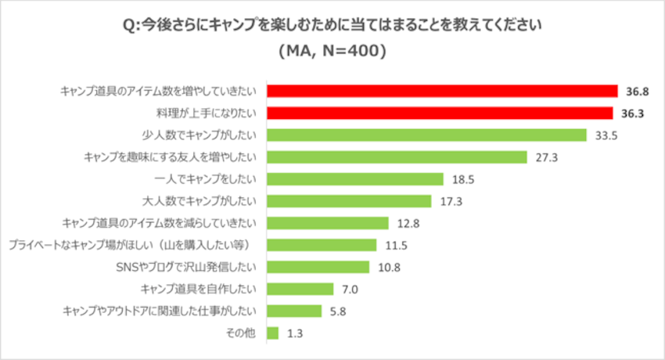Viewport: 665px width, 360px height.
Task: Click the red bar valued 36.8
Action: pos(442,91)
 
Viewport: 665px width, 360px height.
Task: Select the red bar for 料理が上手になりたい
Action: pos(440,113)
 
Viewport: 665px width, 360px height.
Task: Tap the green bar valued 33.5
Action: pos(426,135)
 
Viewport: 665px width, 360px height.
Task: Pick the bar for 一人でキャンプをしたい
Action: pos(355,179)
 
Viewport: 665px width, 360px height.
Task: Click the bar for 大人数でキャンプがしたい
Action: pos(349,201)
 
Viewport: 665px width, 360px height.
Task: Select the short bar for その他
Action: pos(273,333)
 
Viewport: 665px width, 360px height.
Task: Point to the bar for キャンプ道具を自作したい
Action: pos(300,289)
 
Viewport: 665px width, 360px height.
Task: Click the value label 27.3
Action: pos(546,157)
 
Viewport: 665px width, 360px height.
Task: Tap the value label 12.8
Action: pos(408,224)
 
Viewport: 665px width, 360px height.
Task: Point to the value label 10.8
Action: pos(389,268)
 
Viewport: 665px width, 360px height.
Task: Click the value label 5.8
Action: pos(338,311)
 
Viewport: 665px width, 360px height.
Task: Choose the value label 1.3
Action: pos(295,333)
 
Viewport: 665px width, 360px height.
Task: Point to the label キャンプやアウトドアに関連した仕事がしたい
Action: pos(160,311)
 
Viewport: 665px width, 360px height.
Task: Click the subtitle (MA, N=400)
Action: pos(332,52)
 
